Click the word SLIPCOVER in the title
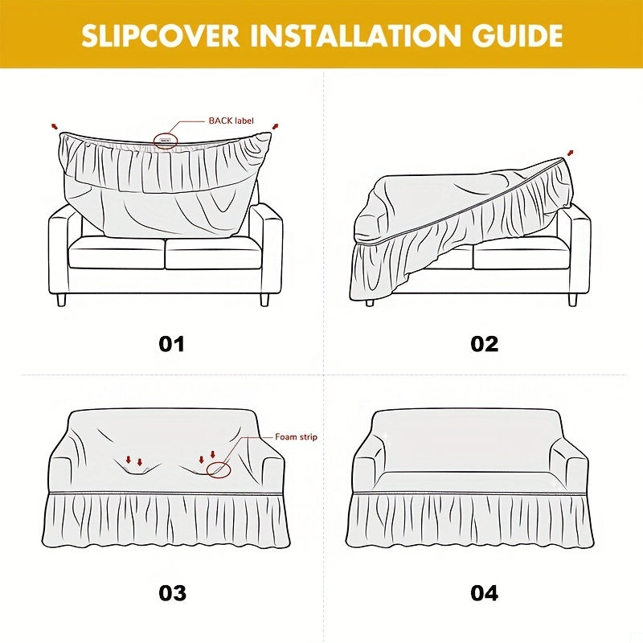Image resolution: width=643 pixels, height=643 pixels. point(160,36)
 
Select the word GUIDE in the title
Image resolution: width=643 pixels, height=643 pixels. point(517,36)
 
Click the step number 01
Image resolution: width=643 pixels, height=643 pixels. point(171,344)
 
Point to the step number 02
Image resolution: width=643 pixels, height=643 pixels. point(485,344)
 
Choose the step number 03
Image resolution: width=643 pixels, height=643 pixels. point(172,593)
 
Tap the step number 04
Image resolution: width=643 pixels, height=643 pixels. point(485,593)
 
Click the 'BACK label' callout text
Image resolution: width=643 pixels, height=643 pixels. point(231,121)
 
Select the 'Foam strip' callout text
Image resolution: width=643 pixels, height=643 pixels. point(296,437)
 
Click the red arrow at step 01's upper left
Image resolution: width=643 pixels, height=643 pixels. point(55,125)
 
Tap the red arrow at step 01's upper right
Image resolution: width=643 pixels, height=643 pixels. point(275,126)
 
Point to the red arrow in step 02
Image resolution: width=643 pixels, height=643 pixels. point(570,153)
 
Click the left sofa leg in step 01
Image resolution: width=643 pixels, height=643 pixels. point(61,300)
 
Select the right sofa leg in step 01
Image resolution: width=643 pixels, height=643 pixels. point(264,300)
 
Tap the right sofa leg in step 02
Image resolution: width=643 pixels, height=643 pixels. point(572,300)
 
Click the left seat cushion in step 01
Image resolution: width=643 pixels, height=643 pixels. point(117,253)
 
